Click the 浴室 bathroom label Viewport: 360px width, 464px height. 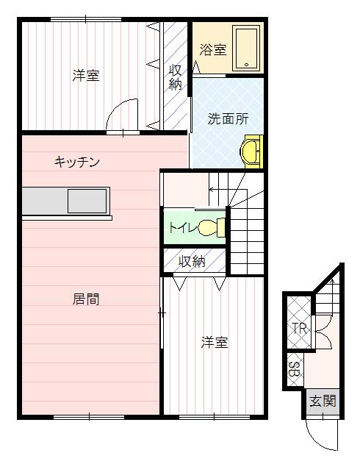[x=213, y=51]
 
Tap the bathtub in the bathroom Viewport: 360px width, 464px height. [x=246, y=47]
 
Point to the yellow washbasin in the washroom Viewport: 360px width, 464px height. [x=252, y=150]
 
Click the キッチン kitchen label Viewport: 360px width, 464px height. [x=77, y=162]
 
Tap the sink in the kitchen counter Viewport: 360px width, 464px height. [x=88, y=200]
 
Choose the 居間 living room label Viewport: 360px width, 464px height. [x=86, y=299]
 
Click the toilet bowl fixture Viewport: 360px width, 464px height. [x=210, y=227]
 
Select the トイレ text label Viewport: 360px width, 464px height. [x=181, y=227]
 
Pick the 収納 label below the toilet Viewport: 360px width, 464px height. [x=192, y=261]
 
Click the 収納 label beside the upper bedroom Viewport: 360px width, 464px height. [x=176, y=77]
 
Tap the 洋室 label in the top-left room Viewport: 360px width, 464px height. [x=86, y=75]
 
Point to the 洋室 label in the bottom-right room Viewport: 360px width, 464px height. [x=215, y=343]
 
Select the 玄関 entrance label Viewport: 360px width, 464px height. [x=322, y=401]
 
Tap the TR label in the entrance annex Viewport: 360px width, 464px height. [x=298, y=328]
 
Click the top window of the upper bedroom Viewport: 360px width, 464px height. [x=82, y=20]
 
